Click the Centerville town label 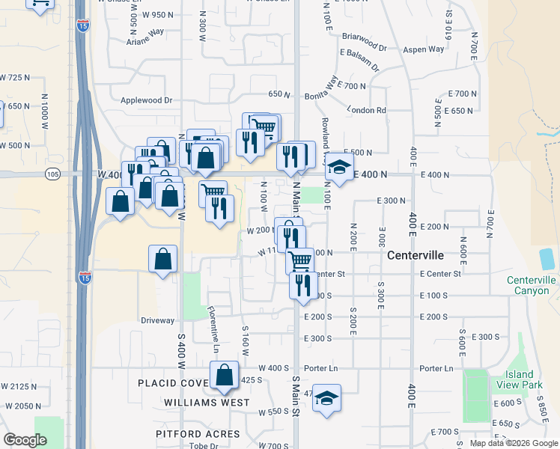(x=416, y=255)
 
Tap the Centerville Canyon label (x=531, y=285)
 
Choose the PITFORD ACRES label (x=198, y=434)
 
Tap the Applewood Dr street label (x=147, y=100)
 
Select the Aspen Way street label (x=424, y=49)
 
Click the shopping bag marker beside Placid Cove (x=225, y=376)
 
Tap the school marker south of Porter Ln (x=326, y=397)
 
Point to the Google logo (x=25, y=440)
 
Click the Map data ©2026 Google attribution (x=514, y=443)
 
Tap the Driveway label (x=157, y=320)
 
